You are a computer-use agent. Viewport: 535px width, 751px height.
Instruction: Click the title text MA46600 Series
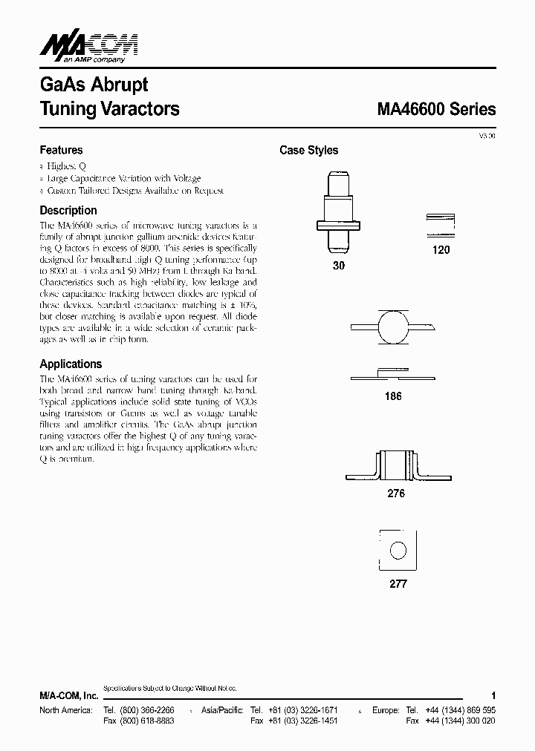point(436,109)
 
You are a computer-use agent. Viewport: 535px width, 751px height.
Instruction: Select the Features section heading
point(61,150)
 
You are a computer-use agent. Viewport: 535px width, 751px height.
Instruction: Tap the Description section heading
point(68,211)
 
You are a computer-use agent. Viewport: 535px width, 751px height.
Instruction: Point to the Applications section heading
point(71,364)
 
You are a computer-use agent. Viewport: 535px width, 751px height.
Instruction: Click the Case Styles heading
point(308,151)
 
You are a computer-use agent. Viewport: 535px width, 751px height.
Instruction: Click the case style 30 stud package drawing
point(338,211)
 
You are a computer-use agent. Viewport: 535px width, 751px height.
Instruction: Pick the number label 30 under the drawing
point(339,265)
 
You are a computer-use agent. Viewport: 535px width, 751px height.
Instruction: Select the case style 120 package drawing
point(440,225)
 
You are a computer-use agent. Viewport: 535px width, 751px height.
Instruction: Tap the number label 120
point(441,250)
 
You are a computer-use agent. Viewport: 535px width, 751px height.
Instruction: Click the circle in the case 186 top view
point(394,327)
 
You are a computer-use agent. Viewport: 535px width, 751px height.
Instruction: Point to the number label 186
point(393,396)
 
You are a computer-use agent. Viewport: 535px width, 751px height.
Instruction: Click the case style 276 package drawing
point(395,466)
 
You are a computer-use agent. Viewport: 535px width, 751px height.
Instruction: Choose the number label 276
point(396,493)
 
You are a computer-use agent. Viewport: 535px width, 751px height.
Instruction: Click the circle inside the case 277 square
point(399,551)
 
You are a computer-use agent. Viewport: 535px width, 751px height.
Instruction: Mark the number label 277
point(398,584)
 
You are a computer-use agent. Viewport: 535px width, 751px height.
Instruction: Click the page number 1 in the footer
point(493,695)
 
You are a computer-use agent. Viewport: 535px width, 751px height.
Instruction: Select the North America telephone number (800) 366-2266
point(152,709)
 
